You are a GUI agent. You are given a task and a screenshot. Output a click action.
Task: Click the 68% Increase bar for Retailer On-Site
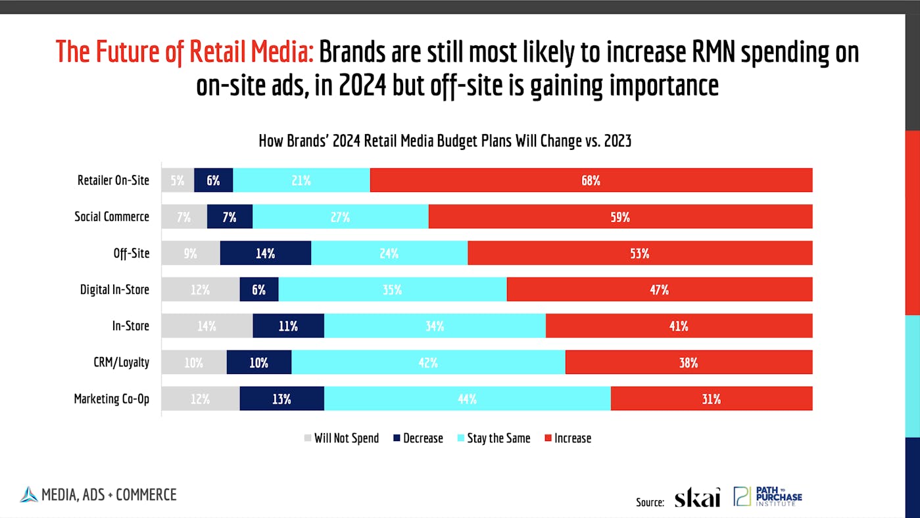click(591, 180)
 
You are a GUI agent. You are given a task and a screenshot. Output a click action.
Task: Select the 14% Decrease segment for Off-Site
click(265, 253)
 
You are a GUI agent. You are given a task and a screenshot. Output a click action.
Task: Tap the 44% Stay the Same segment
click(467, 398)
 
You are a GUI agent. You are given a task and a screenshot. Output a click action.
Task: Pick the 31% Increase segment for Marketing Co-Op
click(711, 398)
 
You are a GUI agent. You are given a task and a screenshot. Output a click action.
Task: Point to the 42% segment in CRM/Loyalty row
click(428, 362)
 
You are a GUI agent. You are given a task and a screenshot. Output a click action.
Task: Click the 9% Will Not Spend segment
click(190, 253)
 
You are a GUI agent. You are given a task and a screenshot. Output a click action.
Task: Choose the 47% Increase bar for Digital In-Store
click(659, 289)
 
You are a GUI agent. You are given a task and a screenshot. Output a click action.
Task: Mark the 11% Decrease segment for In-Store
click(288, 326)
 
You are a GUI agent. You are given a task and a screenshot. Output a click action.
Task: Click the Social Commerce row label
click(112, 217)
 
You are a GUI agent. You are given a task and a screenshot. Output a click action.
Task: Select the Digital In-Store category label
click(114, 289)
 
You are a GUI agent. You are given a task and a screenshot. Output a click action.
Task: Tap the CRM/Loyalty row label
click(120, 362)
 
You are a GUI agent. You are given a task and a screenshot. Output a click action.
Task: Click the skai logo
click(697, 498)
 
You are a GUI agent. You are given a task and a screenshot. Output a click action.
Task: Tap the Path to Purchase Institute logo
click(768, 496)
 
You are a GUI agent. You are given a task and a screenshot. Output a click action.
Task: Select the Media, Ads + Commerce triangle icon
click(29, 494)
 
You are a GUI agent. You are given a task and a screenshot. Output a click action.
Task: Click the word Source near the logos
click(650, 502)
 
